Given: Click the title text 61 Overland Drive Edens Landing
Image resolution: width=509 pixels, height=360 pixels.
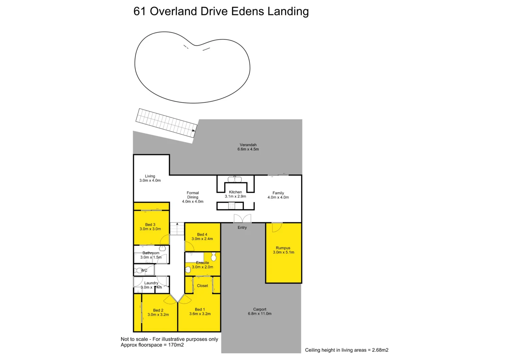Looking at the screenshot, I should tap(221, 11).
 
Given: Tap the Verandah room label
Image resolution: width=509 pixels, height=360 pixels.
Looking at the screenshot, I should tap(248, 145).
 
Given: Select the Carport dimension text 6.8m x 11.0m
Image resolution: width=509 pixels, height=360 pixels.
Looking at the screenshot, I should tap(260, 314).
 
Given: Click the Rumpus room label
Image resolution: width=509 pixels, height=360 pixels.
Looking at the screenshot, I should tap(283, 248).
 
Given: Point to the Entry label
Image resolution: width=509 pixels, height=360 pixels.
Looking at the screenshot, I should tap(242, 228).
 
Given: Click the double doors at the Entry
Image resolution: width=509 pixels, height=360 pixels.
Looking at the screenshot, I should tap(242, 219).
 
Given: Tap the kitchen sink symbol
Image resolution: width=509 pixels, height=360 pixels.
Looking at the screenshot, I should tap(235, 179).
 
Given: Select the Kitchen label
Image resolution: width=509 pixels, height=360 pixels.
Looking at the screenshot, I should tap(235, 192).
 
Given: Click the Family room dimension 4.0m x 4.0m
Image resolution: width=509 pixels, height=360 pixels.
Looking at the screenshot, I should tap(278, 197).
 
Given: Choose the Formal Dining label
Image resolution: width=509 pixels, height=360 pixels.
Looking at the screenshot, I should tap(193, 195).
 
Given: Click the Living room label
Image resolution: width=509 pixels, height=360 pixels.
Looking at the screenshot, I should tap(150, 176).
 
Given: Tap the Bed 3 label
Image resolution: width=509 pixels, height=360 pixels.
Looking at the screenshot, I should tap(150, 225).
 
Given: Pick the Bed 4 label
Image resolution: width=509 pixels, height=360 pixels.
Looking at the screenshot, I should tap(202, 234).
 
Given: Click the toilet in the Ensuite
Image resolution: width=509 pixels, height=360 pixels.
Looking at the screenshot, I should tap(188, 269).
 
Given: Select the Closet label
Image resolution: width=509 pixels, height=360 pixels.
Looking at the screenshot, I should tap(202, 286).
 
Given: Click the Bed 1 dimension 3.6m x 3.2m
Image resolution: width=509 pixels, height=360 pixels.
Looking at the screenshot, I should tap(200, 314).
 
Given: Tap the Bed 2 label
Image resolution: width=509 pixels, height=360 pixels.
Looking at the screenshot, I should tap(158, 310).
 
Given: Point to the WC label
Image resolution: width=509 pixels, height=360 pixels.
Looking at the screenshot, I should tap(144, 270).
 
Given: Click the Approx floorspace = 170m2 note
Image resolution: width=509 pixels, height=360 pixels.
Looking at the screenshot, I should tap(152, 345).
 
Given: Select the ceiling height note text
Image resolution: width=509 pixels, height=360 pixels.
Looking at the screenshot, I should tap(347, 350).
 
